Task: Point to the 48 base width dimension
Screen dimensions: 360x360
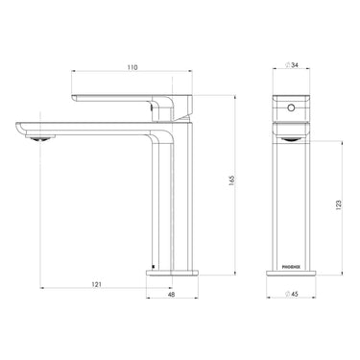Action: point(171,296)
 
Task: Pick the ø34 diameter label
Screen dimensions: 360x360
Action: point(293,65)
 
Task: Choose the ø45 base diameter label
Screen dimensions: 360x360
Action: point(293,295)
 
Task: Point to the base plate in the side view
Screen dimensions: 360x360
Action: point(172,273)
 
